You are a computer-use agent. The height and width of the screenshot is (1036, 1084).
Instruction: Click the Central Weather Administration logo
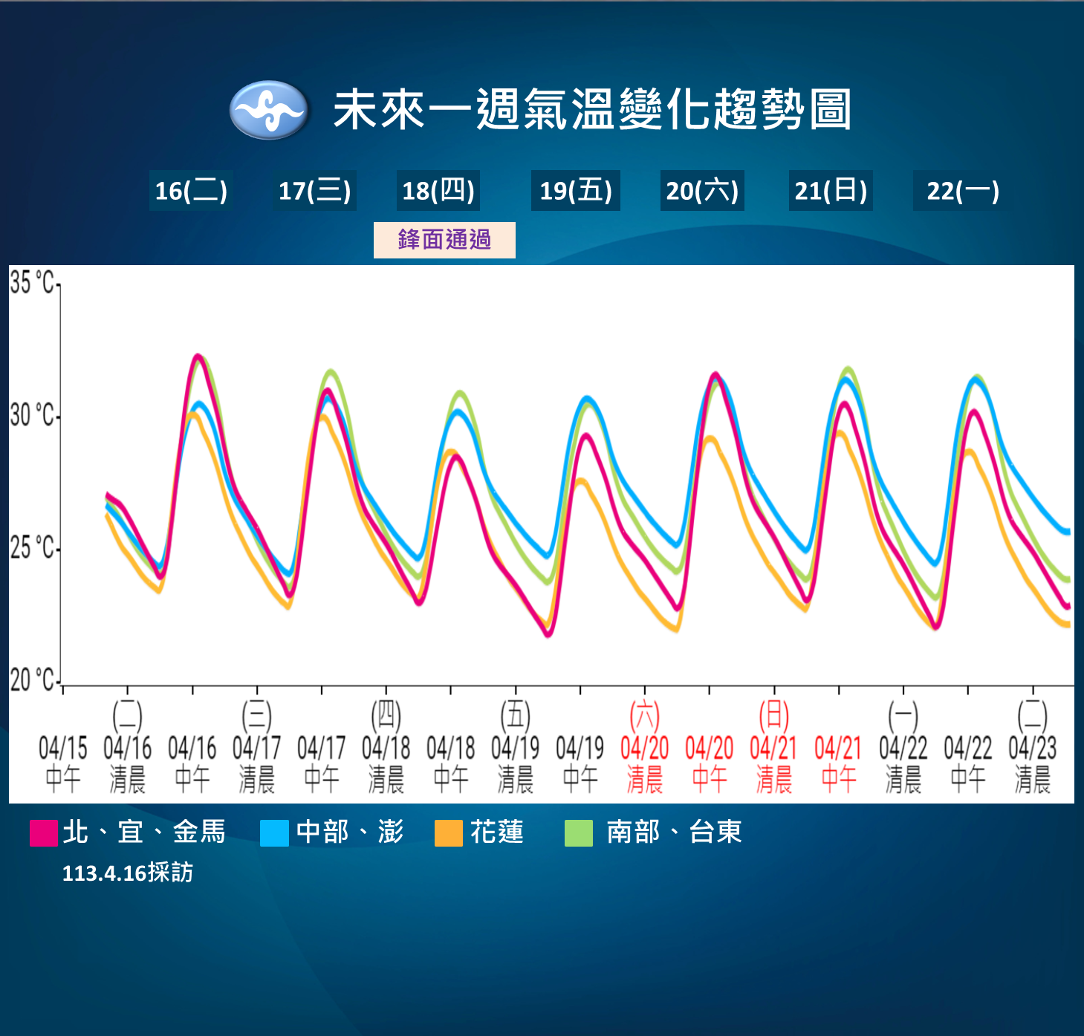tap(268, 110)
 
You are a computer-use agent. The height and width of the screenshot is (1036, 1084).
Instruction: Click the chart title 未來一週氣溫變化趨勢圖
tap(593, 110)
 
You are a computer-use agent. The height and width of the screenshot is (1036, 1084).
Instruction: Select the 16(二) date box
tap(191, 190)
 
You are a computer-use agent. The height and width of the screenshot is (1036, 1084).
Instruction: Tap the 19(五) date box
tap(575, 190)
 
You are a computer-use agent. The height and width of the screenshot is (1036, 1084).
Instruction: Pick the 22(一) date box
tap(963, 190)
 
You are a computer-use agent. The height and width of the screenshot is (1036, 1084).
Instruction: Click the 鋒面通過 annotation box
tap(444, 240)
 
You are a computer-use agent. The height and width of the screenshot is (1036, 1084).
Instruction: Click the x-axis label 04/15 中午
tap(63, 763)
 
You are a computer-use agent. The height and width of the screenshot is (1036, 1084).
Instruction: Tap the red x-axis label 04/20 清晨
tap(644, 748)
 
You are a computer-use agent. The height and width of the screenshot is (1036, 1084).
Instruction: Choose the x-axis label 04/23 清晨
tap(1032, 748)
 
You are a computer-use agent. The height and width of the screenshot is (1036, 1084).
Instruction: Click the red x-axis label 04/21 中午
tap(838, 763)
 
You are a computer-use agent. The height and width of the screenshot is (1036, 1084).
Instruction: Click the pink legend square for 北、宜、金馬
tap(43, 833)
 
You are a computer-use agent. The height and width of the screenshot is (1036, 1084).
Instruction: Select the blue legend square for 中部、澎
tap(274, 833)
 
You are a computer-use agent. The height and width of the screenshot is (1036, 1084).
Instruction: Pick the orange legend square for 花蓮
tap(449, 833)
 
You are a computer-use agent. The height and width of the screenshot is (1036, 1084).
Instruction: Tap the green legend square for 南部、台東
tap(579, 833)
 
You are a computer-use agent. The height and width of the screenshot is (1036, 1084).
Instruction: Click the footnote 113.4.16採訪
tap(128, 873)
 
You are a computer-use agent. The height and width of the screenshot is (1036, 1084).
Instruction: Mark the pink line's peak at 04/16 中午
tap(197, 356)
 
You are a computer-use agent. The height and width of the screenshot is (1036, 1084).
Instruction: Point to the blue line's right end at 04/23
tap(1068, 532)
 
